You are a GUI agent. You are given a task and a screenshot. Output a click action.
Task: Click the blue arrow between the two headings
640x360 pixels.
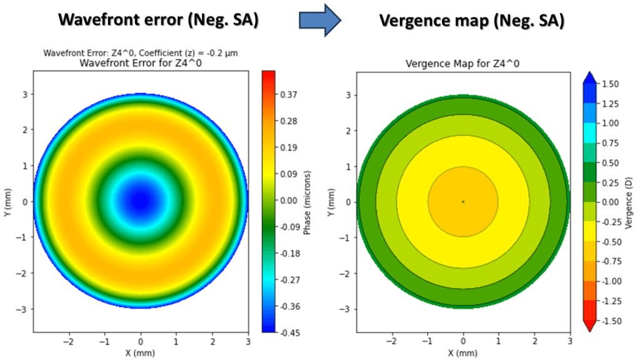(x=319, y=21)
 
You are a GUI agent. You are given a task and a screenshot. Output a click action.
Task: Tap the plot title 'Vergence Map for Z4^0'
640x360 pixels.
(x=462, y=64)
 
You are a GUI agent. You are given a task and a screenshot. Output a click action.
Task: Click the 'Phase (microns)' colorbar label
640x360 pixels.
(x=307, y=201)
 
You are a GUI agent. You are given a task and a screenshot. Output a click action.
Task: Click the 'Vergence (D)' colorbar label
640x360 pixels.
(x=629, y=202)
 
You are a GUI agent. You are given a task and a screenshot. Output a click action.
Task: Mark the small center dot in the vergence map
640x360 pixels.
(x=463, y=201)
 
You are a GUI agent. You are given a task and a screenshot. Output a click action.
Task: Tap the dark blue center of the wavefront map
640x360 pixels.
(x=141, y=201)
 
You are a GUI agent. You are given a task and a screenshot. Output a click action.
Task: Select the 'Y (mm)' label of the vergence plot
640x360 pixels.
(x=330, y=201)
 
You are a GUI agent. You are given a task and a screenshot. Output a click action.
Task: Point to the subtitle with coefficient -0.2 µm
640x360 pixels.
(x=140, y=52)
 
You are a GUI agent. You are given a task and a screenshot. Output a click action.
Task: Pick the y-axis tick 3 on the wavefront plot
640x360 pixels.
(x=27, y=94)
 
